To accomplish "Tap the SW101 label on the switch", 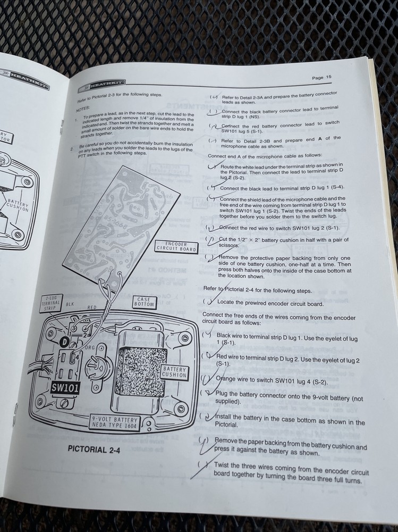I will point(65,388).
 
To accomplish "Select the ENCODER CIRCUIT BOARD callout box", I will point(176,246).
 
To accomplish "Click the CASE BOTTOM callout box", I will point(144,302).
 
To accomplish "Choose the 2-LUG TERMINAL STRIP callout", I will point(52,303).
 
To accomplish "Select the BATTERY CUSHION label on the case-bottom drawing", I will point(174,372).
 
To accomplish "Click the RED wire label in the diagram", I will point(92,307).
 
